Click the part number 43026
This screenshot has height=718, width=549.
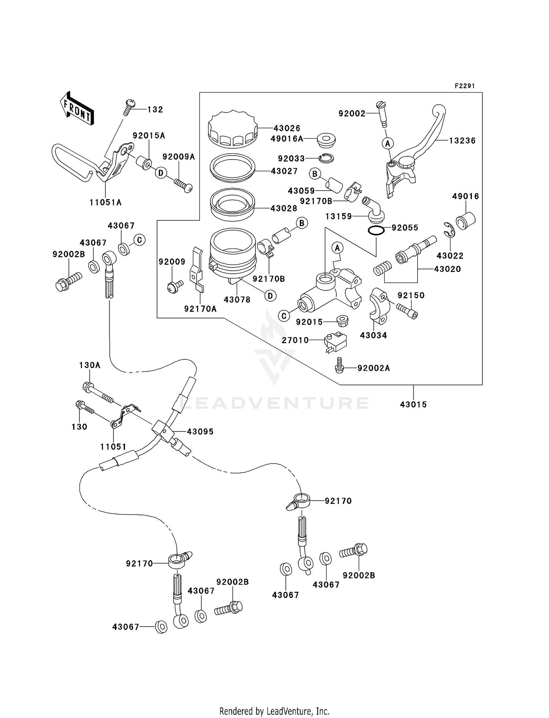(287, 128)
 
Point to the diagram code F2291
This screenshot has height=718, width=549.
(464, 86)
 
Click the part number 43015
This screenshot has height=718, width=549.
(413, 404)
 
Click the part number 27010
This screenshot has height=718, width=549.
(295, 340)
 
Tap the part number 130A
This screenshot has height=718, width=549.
(90, 365)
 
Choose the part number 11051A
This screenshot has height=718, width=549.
(105, 202)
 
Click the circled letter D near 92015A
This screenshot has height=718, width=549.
(161, 173)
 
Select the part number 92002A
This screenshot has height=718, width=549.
(373, 368)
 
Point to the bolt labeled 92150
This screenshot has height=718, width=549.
(407, 311)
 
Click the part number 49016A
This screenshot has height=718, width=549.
(287, 139)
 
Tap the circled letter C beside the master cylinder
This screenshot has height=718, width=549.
(284, 315)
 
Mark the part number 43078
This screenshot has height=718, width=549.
(237, 300)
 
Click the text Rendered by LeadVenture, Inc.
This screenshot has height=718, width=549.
(274, 711)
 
